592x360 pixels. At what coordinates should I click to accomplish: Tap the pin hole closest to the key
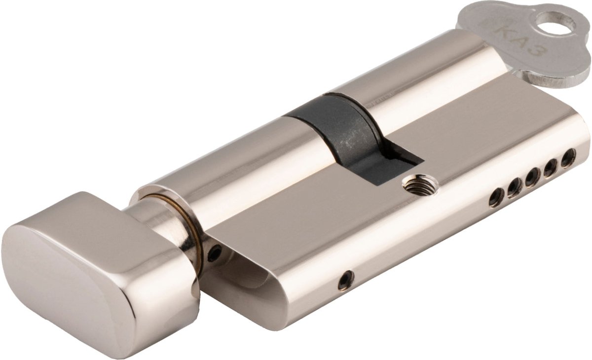coord(568,158)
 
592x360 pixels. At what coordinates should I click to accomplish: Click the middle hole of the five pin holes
coord(532,177)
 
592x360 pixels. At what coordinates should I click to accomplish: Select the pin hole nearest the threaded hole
coord(497,197)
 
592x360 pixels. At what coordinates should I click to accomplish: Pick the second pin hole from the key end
coord(551,167)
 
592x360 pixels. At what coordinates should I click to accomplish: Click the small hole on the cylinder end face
coord(214,253)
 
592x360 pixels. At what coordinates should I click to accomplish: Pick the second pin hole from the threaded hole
coord(515,187)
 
